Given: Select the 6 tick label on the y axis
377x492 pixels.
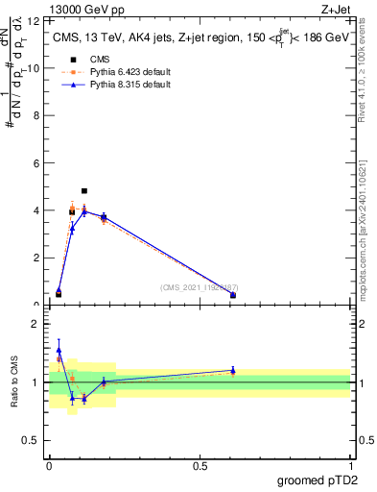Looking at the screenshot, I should coord(36,163).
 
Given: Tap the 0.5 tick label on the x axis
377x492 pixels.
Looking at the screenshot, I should coord(200,466).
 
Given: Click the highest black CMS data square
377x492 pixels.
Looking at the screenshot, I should coord(84,191).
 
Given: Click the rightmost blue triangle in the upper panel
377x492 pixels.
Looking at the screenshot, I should coord(233,295).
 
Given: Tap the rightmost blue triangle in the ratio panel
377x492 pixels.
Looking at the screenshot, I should coord(233,370).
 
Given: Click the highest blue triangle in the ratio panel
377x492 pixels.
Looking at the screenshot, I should coord(59,351).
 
